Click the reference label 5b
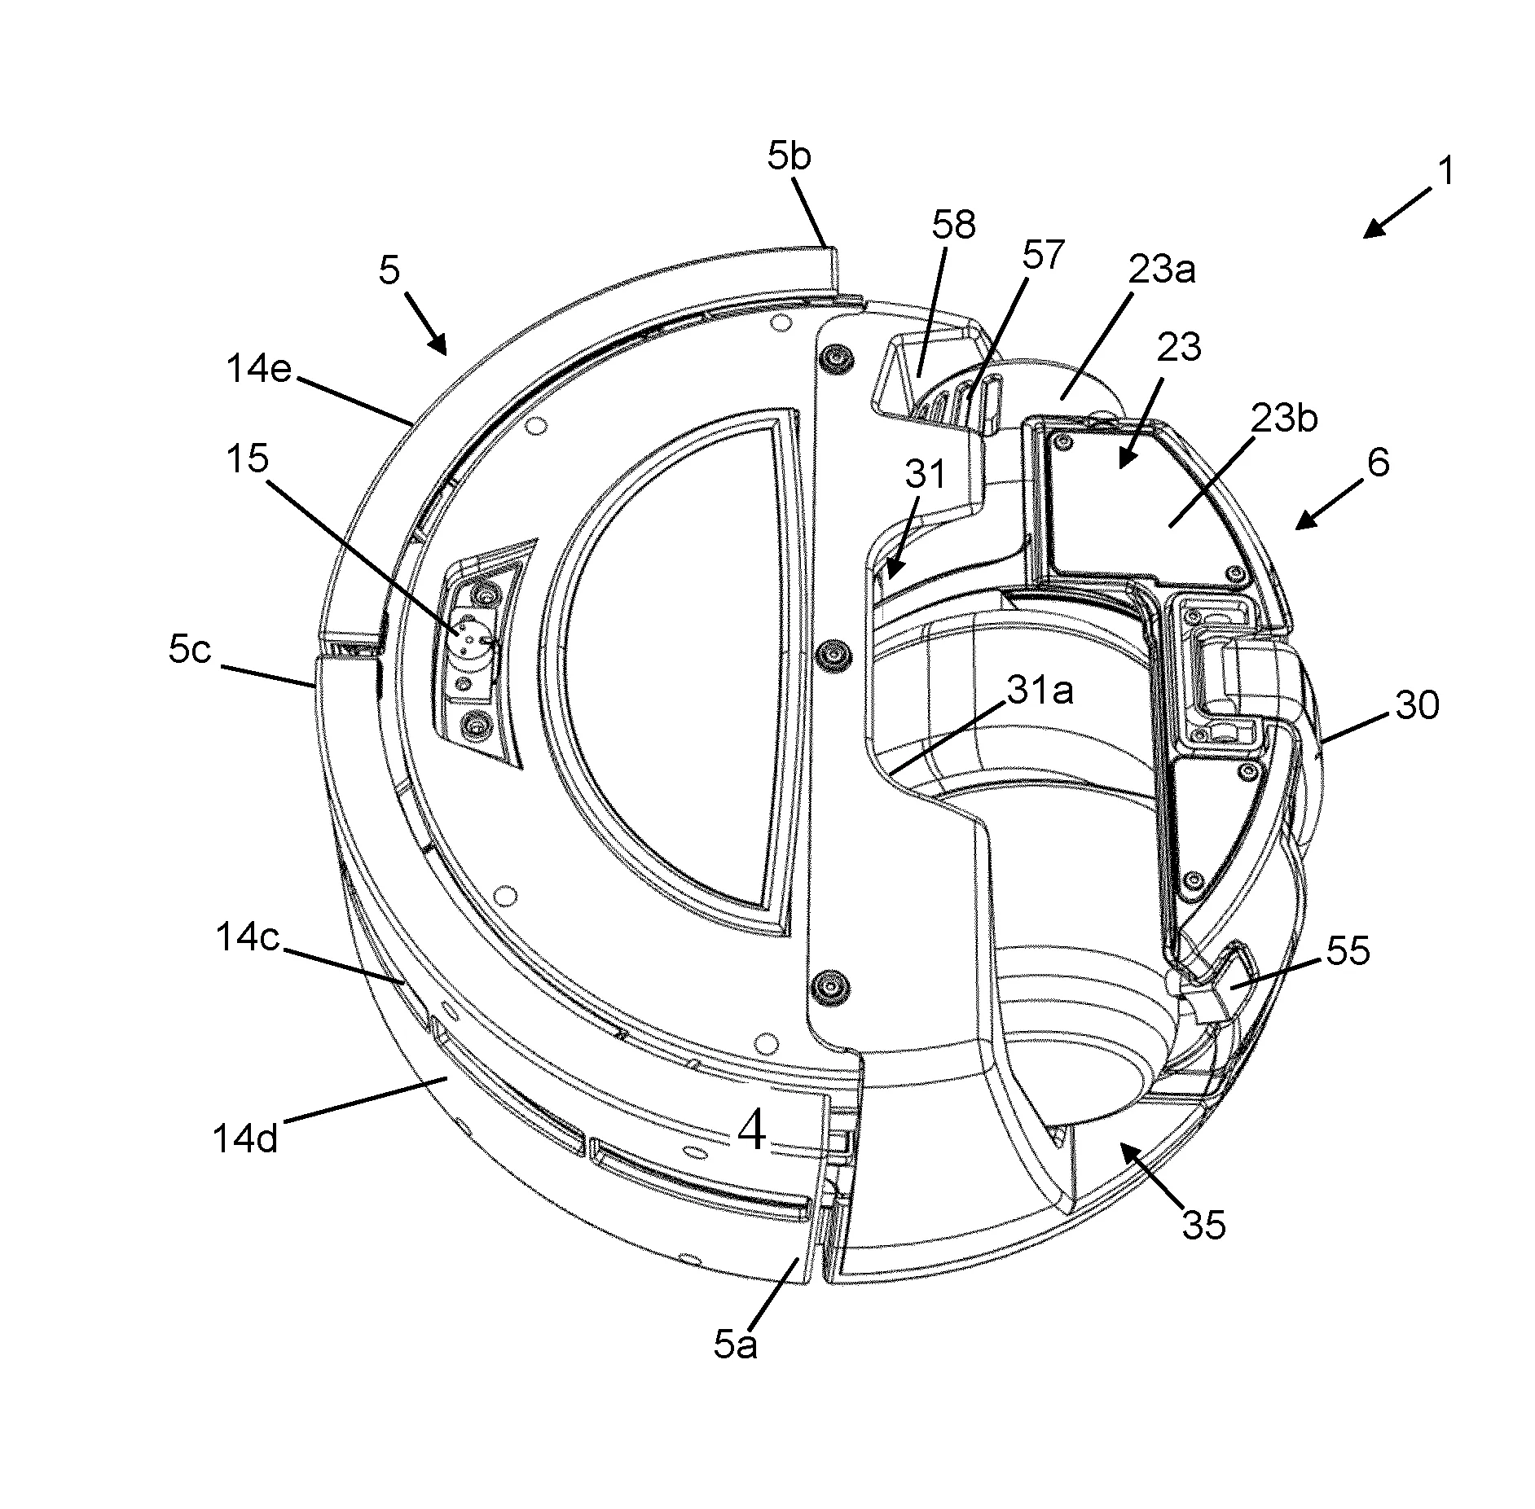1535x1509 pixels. pos(789,156)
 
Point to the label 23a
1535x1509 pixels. pos(1160,269)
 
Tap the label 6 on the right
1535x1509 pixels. pos(1378,463)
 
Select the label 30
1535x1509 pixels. pos(1417,704)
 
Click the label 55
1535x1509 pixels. pos(1348,950)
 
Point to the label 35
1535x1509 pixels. pos(1203,1224)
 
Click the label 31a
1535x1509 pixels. pos(1040,691)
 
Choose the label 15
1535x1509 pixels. pos(248,459)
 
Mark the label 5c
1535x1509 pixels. pos(190,651)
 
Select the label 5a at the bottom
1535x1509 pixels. pos(735,1346)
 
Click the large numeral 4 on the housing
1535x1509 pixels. pos(751,1131)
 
